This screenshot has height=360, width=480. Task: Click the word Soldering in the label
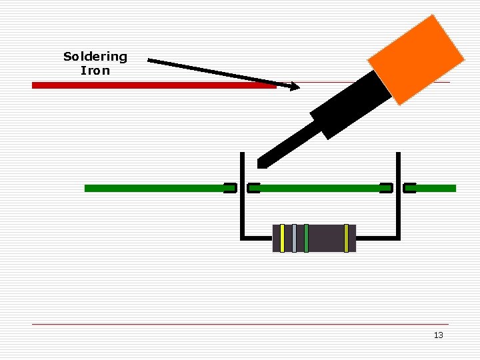95,57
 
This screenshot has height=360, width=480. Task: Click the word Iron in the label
95,70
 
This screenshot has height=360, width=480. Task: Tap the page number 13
438,335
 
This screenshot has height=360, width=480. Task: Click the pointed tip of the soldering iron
261,163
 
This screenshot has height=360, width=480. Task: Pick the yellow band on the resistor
283,238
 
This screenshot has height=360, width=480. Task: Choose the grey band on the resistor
294,238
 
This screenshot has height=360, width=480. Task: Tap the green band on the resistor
306,238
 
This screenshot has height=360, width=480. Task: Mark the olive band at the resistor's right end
346,238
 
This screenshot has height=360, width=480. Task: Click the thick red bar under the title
153,85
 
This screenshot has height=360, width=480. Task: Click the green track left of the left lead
153,188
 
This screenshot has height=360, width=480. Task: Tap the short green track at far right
436,188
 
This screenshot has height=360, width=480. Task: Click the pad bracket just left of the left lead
230,188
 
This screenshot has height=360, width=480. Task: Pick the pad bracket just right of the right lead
410,188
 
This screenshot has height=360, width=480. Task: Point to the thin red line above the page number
240,325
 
